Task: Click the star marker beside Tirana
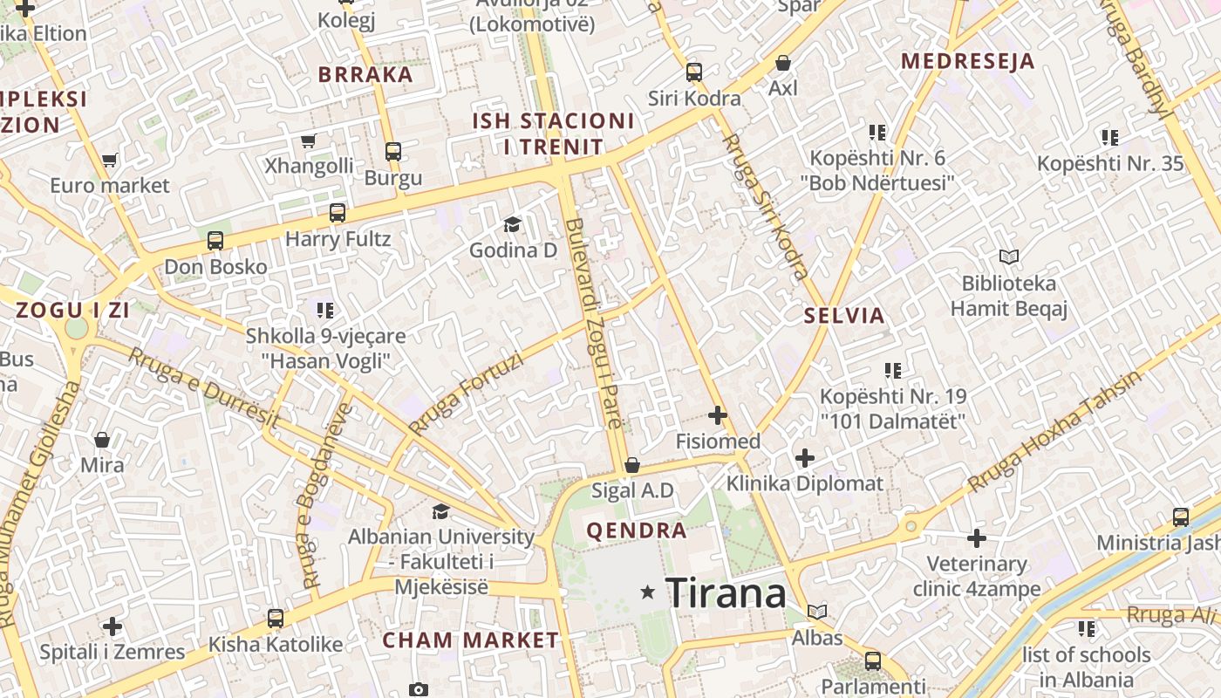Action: (x=647, y=592)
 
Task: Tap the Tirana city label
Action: (x=726, y=593)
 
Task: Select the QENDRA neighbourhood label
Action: (x=637, y=530)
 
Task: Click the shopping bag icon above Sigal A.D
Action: (x=632, y=465)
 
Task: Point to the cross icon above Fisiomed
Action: (x=718, y=415)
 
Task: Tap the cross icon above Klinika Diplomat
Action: (x=805, y=457)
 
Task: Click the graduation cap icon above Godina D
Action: (x=512, y=225)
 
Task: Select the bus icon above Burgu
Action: (x=393, y=151)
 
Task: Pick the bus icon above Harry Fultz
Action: (x=338, y=212)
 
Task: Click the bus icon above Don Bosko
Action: (x=215, y=240)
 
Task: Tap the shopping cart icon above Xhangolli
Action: (x=308, y=140)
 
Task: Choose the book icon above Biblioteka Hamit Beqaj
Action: (x=1009, y=257)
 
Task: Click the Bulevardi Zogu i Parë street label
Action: (x=594, y=323)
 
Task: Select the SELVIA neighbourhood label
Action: (x=844, y=316)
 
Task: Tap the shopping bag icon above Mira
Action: (x=102, y=439)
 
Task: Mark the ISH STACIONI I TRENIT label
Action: (x=553, y=133)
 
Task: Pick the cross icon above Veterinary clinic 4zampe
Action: (x=977, y=538)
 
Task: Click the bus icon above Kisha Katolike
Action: (x=276, y=619)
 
